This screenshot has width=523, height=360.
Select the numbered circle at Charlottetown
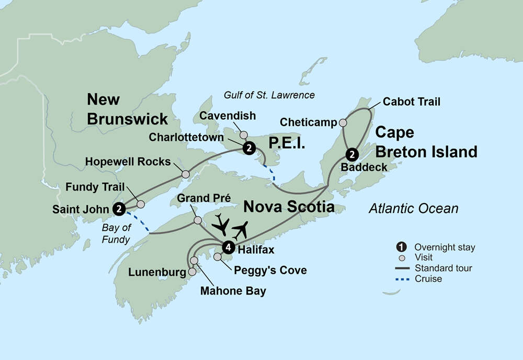[x=249, y=148]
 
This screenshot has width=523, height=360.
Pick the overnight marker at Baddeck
[x=352, y=154]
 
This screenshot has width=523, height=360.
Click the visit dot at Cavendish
[x=243, y=134]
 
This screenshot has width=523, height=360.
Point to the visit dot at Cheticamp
[x=343, y=123]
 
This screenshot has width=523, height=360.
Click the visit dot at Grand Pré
[x=197, y=220]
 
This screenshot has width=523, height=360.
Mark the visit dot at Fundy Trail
[x=140, y=204]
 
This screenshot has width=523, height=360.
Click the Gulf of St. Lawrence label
[x=269, y=95]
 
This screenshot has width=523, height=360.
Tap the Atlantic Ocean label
[x=413, y=209]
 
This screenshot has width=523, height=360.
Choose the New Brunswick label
[x=127, y=109]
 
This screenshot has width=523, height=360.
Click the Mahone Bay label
[x=233, y=291]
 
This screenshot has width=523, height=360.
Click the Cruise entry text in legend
[x=428, y=279]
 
